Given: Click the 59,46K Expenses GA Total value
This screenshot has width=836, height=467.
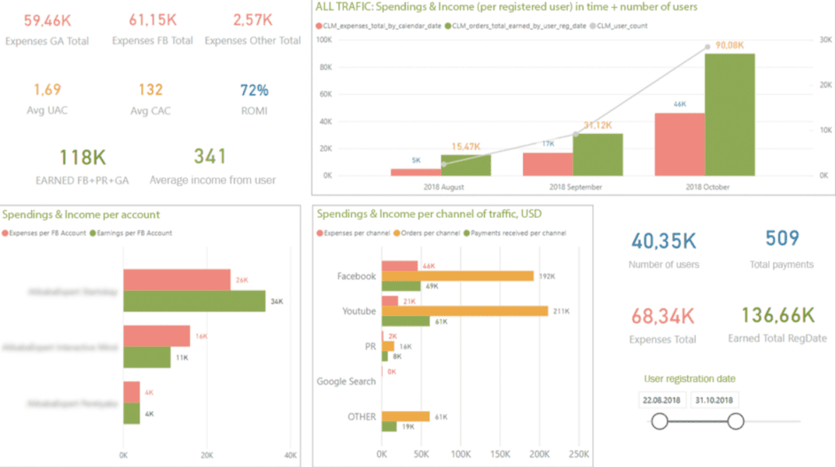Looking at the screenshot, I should pyautogui.click(x=47, y=19).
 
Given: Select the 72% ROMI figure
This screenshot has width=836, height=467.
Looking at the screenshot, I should pyautogui.click(x=254, y=90).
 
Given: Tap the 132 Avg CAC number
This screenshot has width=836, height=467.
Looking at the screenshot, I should pyautogui.click(x=150, y=90).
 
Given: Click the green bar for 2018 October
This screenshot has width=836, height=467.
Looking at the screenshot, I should pyautogui.click(x=730, y=114).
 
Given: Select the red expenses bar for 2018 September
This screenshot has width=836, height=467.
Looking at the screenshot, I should pyautogui.click(x=548, y=163).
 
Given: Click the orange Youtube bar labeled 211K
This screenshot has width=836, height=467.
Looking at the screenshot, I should pyautogui.click(x=464, y=311).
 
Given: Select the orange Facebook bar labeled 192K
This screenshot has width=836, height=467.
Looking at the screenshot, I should pyautogui.click(x=457, y=276).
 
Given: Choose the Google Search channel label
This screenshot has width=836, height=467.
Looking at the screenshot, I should pyautogui.click(x=346, y=381).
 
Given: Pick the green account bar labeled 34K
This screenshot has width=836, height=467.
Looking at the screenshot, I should pyautogui.click(x=194, y=300).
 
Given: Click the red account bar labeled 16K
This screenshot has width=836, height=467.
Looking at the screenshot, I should pyautogui.click(x=157, y=336).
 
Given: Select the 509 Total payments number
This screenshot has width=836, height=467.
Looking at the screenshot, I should pyautogui.click(x=781, y=239).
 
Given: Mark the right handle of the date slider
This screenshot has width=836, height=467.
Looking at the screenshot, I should pyautogui.click(x=735, y=422).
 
